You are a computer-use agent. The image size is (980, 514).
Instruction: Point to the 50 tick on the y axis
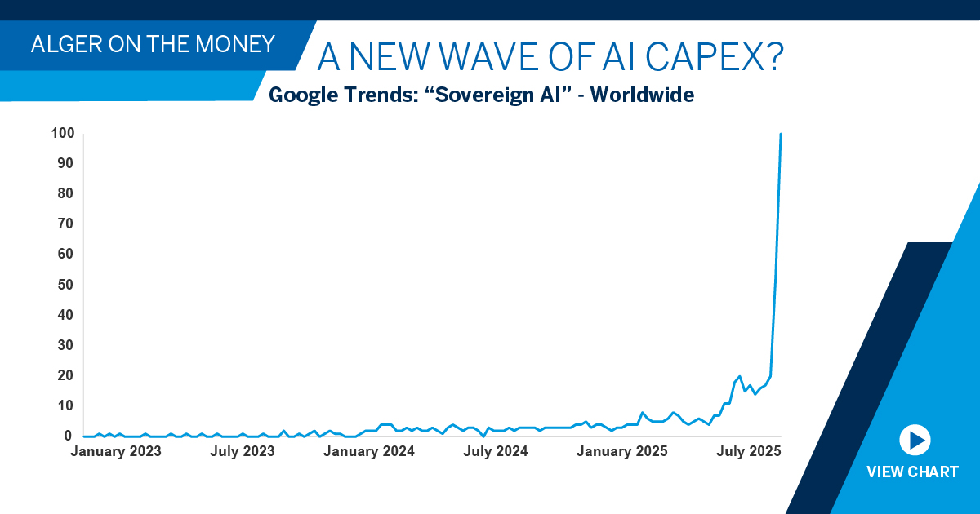coord(65,285)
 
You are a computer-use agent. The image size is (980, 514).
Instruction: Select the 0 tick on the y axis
coord(69,436)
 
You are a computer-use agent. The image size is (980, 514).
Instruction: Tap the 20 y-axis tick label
coord(65,375)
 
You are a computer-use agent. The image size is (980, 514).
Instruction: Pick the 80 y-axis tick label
coord(65,193)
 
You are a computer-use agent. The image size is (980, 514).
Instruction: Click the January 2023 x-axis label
coord(116,451)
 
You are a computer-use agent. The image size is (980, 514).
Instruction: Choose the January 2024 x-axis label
coord(369,451)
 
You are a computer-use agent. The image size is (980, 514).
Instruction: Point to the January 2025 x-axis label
coord(622,451)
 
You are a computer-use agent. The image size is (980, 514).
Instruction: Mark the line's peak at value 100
coord(781,134)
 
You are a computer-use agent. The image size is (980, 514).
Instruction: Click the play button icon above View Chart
coord(915,441)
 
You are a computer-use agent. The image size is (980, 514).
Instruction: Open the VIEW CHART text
coord(912,472)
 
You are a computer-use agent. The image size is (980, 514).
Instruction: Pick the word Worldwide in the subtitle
coord(642,95)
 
